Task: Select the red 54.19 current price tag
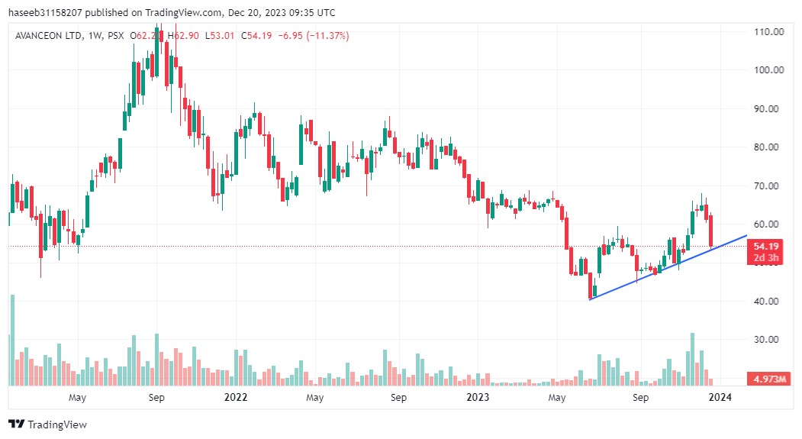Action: coord(766,247)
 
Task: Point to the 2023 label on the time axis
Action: coord(478,398)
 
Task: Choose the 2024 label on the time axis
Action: coord(720,398)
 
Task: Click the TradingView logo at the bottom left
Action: coord(47,424)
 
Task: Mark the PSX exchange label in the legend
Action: coord(115,36)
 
